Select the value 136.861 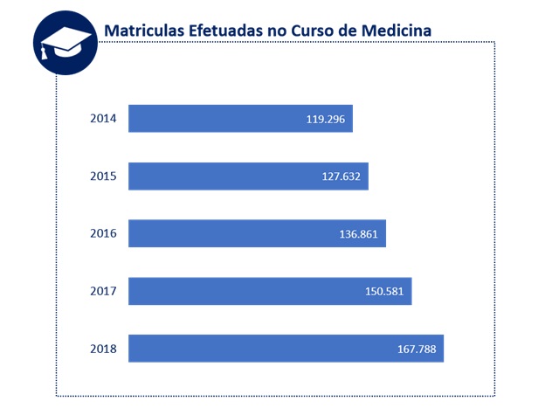358,234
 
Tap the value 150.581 384,292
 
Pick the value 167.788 417,349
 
